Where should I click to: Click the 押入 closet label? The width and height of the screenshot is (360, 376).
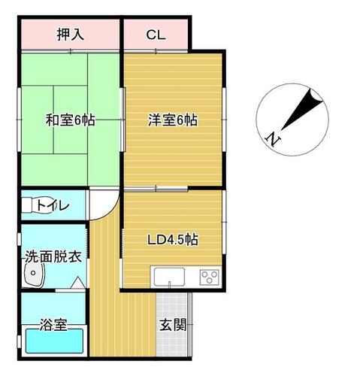[70, 35]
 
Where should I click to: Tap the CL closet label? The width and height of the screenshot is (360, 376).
[156, 35]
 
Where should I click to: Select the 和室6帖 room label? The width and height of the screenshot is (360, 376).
[70, 120]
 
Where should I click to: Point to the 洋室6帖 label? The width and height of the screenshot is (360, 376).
[173, 120]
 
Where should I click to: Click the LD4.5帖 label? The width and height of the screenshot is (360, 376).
[173, 240]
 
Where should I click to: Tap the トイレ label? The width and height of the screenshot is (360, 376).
[53, 206]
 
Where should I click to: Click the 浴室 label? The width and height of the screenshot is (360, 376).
[53, 325]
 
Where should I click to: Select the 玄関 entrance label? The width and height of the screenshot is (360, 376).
[173, 325]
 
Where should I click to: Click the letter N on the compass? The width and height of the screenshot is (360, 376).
[273, 139]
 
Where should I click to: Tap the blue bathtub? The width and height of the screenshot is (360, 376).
[55, 341]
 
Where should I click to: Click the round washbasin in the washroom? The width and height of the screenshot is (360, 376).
[34, 274]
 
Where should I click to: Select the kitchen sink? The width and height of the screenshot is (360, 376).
[169, 277]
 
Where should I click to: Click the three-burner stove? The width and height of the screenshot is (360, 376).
[210, 277]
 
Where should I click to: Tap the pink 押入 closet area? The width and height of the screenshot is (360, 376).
[70, 35]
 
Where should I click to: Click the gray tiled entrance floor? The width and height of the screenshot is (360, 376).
[172, 324]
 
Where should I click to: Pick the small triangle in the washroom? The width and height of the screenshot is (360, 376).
[78, 283]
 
